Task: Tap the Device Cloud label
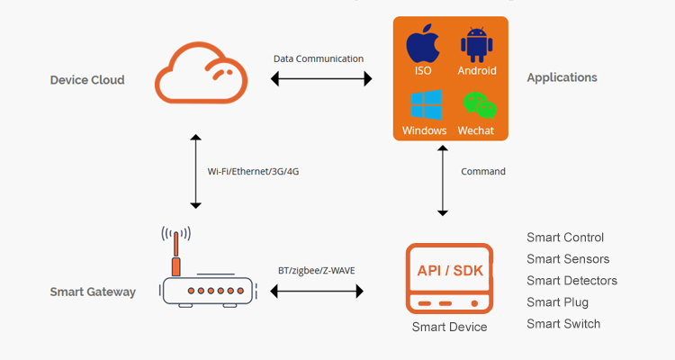(87, 80)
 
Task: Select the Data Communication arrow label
(319, 58)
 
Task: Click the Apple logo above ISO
(423, 43)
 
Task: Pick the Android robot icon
(477, 44)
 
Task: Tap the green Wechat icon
(477, 105)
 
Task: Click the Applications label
(562, 77)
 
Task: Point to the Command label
(483, 171)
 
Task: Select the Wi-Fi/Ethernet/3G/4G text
(253, 171)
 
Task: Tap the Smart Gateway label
(93, 292)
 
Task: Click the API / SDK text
(449, 271)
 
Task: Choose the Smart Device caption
(449, 327)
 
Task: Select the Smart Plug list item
(558, 302)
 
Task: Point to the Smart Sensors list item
(568, 259)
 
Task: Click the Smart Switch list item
(563, 324)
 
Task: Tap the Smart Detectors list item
(572, 281)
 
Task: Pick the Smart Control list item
(565, 238)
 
